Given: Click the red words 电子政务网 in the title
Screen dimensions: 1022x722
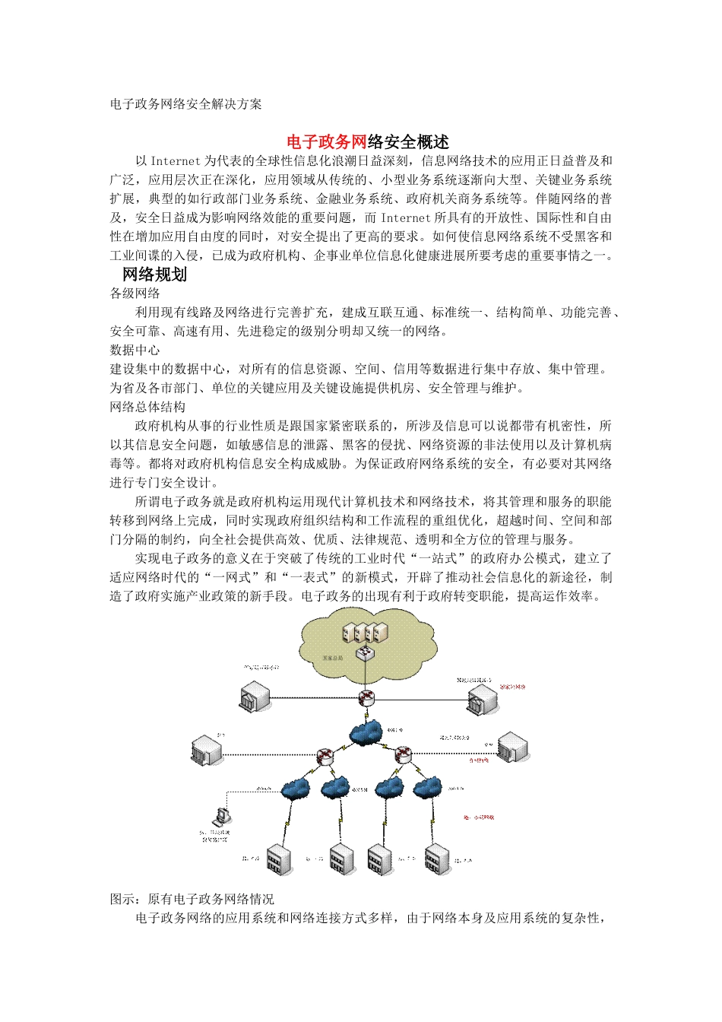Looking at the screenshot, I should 326,142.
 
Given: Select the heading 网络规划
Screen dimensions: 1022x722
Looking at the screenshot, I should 154,275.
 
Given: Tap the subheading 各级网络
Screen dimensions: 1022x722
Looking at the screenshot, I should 135,294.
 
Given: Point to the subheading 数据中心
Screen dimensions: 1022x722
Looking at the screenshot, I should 135,351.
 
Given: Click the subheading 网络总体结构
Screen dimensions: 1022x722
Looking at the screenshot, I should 147,408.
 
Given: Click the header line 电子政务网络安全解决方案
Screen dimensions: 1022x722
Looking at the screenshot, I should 185,104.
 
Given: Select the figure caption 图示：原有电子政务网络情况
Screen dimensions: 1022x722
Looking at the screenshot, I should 192,899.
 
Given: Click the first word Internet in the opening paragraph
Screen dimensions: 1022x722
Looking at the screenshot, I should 175,161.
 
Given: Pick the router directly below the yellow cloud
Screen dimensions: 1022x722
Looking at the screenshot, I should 367,698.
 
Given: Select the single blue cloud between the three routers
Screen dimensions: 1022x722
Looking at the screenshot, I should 367,733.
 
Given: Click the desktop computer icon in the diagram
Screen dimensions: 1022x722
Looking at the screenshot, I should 221,817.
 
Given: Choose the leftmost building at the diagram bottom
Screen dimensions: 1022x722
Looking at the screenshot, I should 278,859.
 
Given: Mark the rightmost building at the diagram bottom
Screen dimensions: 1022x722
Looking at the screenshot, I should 437,859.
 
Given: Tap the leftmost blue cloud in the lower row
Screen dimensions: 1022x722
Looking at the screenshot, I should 296,789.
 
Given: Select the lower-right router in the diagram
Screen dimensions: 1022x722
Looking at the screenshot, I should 402,754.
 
